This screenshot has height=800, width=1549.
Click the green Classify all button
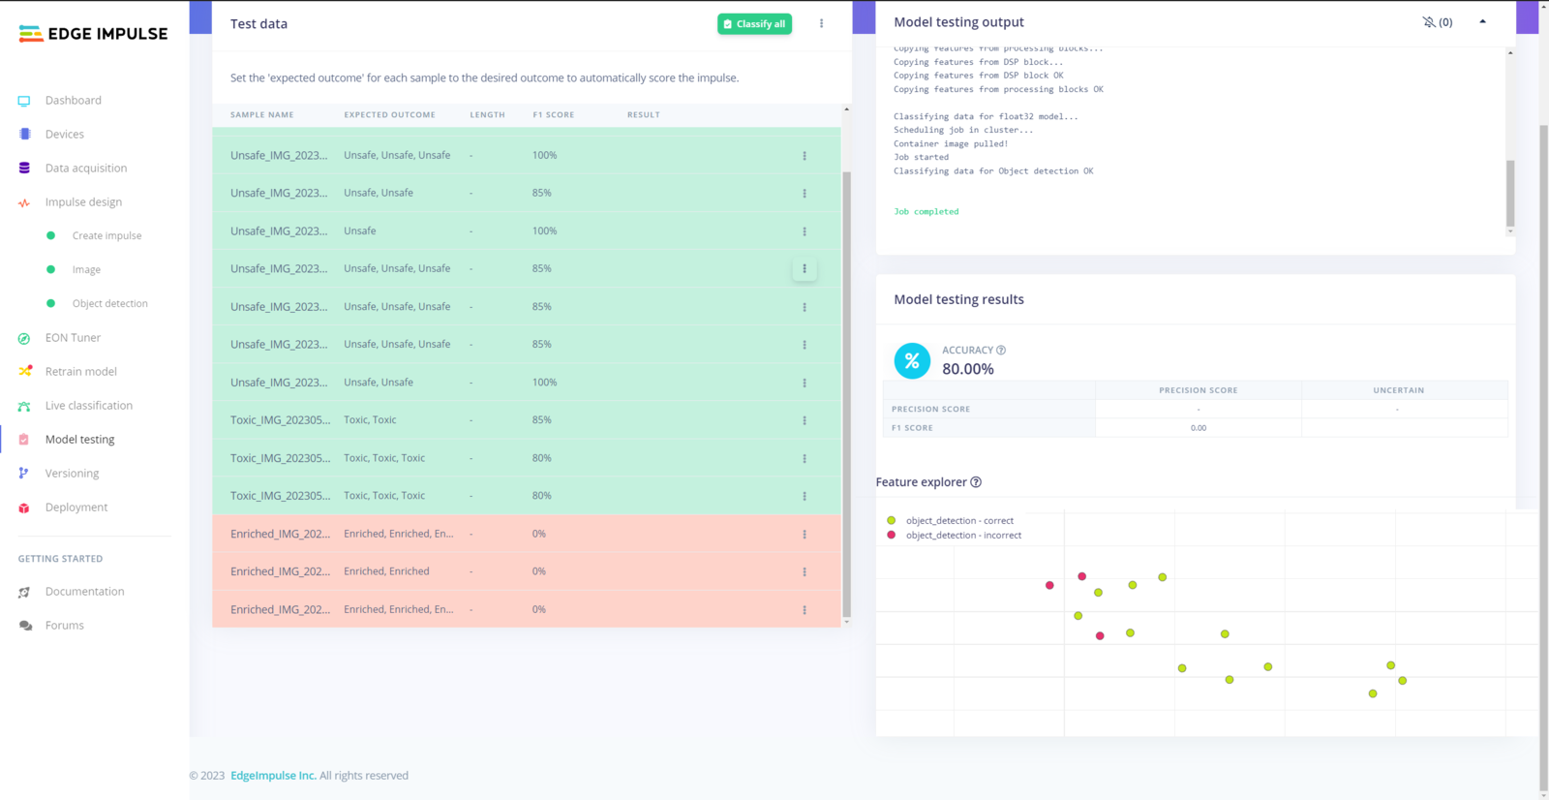tap(754, 24)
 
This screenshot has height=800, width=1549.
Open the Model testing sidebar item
tap(79, 440)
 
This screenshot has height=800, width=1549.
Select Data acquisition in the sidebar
tap(85, 169)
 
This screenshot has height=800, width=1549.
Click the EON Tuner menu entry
tap(73, 338)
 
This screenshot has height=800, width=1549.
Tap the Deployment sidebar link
tap(76, 508)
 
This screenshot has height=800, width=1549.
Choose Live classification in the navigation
tap(88, 406)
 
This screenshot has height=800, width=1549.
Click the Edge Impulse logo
tap(93, 34)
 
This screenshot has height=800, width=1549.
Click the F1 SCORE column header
tap(553, 115)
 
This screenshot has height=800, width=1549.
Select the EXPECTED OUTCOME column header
tap(389, 115)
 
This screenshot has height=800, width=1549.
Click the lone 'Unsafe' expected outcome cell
tap(360, 231)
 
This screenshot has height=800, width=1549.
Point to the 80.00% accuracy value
tap(968, 369)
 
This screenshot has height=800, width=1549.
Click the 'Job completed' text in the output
tap(926, 212)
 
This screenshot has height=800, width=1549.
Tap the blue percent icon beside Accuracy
tap(912, 361)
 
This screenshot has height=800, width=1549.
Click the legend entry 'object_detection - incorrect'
tap(962, 536)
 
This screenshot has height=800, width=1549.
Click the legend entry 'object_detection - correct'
tap(958, 521)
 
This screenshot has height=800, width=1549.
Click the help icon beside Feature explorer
tap(976, 482)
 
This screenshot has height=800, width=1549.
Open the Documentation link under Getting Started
tap(84, 592)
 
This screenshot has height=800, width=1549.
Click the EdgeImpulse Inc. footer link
tap(273, 776)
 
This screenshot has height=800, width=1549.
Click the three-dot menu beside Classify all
tap(822, 24)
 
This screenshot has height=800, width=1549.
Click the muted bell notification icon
tap(1429, 22)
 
